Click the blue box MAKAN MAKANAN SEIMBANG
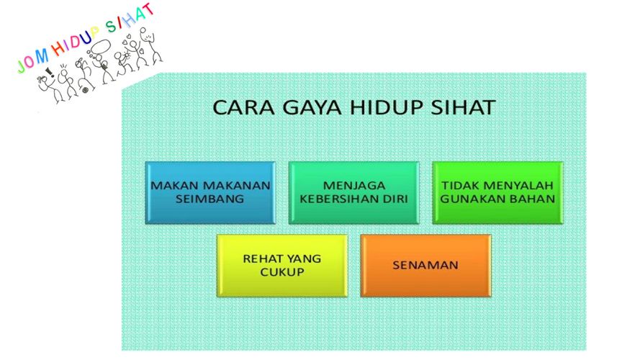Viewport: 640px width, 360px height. (211, 193)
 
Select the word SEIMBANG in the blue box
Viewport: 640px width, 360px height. (209, 199)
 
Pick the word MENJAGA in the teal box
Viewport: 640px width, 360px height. (354, 186)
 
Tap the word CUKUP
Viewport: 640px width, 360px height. (282, 272)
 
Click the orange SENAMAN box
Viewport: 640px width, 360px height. (425, 265)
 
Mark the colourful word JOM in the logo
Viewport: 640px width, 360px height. (33, 61)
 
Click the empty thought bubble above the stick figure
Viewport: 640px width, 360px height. (101, 47)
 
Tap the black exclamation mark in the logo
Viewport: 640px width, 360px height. (50, 72)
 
